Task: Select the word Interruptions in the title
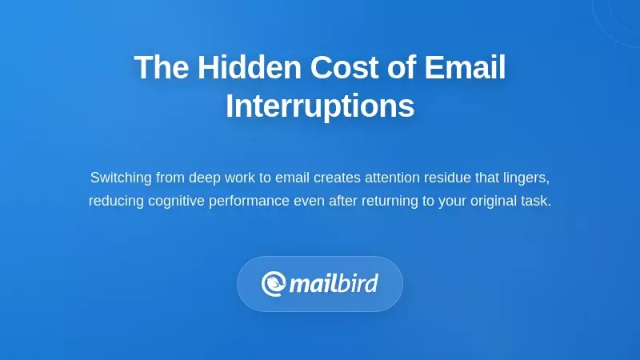pyautogui.click(x=320, y=106)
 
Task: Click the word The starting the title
pyautogui.click(x=162, y=67)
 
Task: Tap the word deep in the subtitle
pyautogui.click(x=205, y=177)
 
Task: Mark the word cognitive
pyautogui.click(x=177, y=201)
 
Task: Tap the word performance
pyautogui.click(x=249, y=201)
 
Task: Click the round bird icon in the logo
pyautogui.click(x=274, y=284)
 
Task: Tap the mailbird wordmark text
pyautogui.click(x=334, y=284)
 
